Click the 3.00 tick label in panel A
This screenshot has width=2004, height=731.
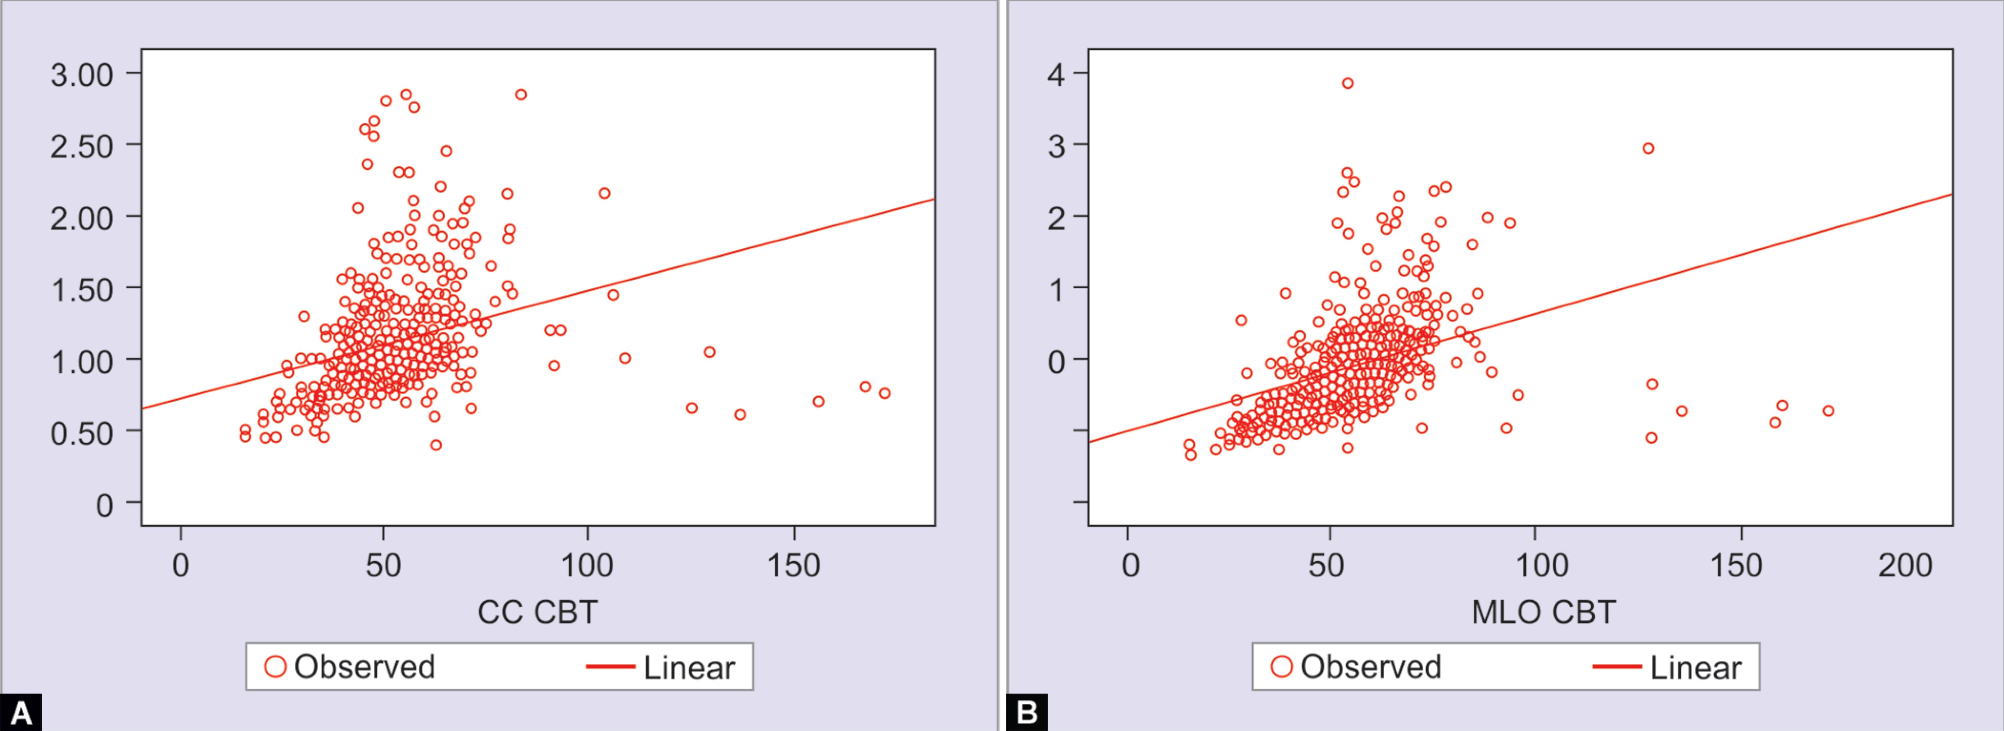pyautogui.click(x=82, y=75)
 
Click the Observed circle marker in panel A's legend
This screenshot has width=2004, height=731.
pyautogui.click(x=275, y=666)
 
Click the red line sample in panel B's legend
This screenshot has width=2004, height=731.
pyautogui.click(x=1616, y=666)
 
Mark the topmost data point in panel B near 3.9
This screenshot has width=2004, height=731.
pyautogui.click(x=1347, y=83)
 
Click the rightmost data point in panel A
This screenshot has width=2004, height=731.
pyautogui.click(x=885, y=394)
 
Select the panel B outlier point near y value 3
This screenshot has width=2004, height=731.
pyautogui.click(x=1648, y=149)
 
